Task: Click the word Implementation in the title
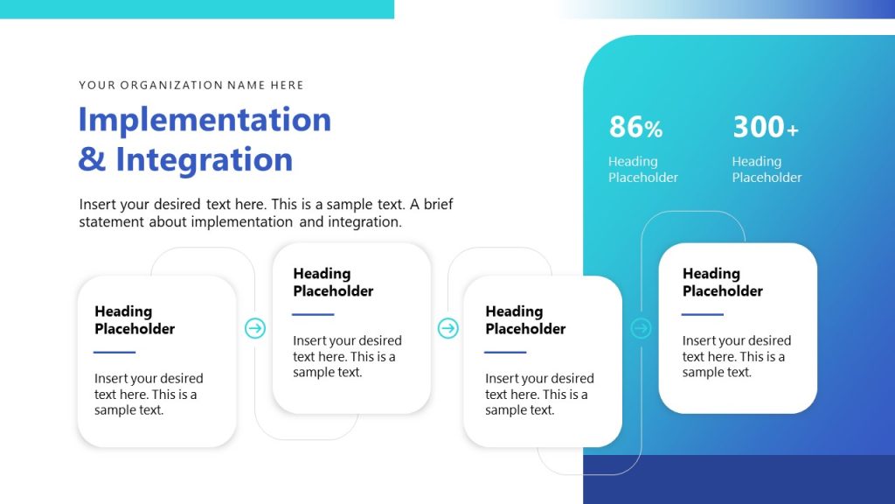click(205, 119)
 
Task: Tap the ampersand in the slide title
click(91, 159)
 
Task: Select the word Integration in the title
click(205, 159)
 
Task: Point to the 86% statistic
click(635, 128)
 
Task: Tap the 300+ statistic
click(765, 128)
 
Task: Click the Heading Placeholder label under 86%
click(642, 169)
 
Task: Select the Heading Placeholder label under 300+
click(767, 169)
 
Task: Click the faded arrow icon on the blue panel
click(641, 328)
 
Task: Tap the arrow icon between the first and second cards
click(254, 328)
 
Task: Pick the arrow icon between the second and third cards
click(447, 328)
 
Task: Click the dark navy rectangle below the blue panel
click(739, 479)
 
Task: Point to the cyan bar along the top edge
click(197, 9)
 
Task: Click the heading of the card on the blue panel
click(722, 282)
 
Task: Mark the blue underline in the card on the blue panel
click(703, 314)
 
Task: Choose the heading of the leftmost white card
click(135, 319)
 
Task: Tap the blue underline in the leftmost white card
click(114, 352)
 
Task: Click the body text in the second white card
click(347, 356)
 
